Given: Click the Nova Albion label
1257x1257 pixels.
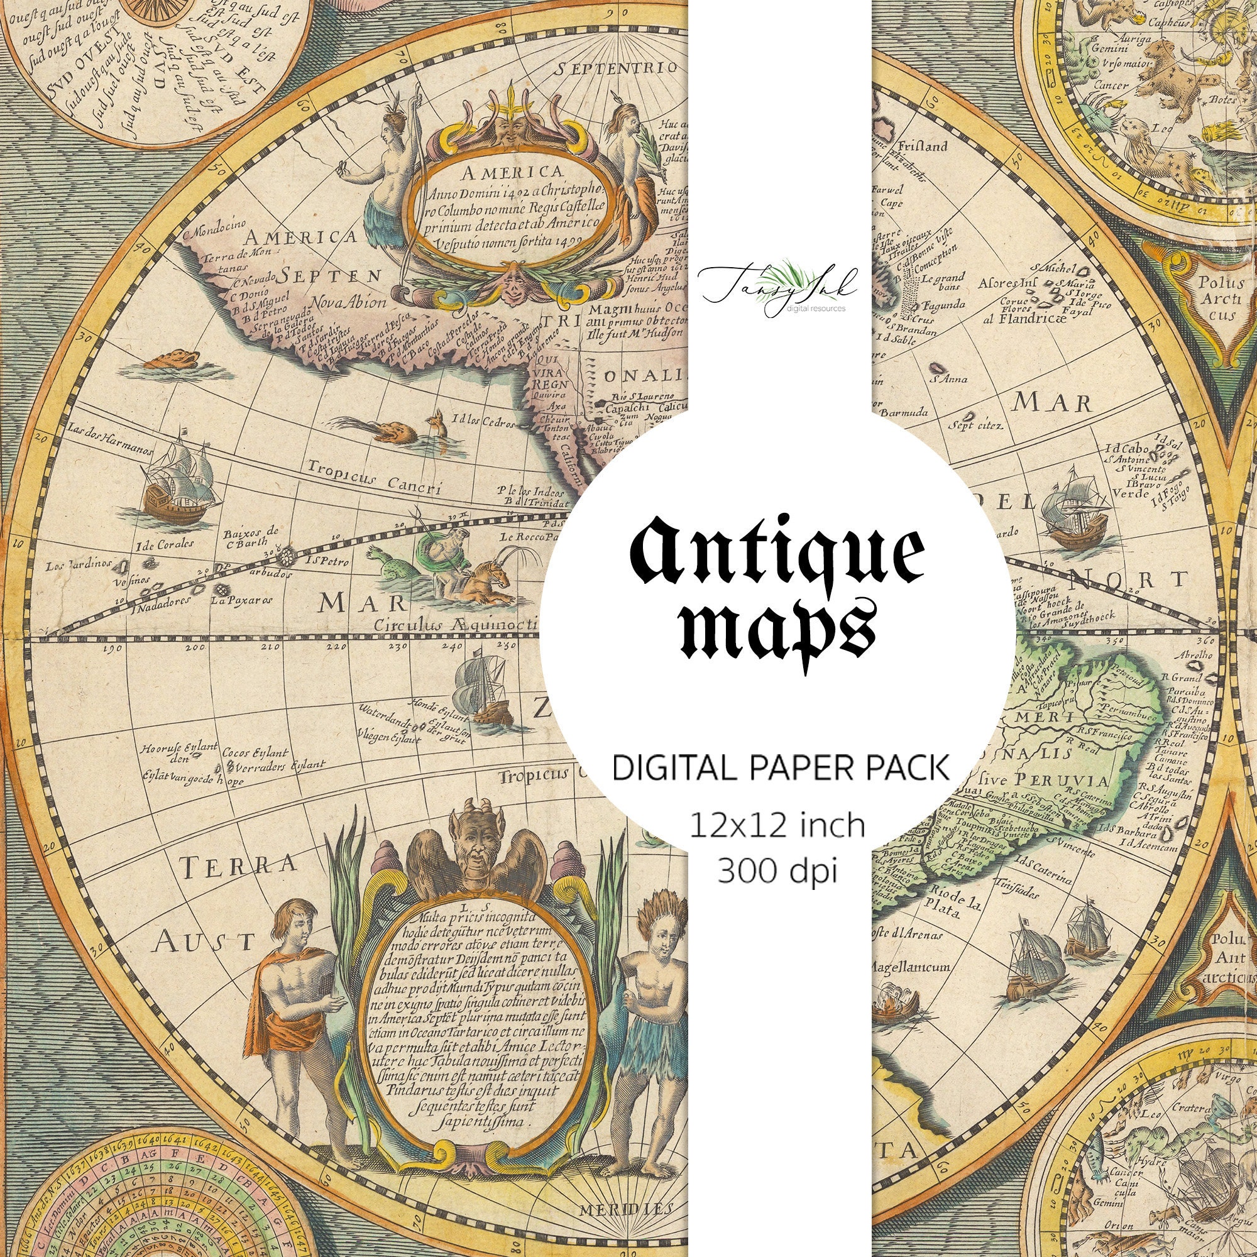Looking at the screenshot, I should [x=349, y=302].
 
